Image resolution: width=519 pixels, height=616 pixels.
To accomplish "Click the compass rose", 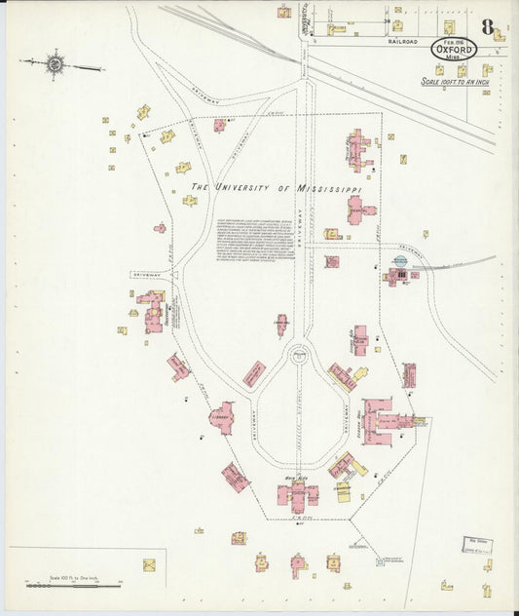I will coord(56,65).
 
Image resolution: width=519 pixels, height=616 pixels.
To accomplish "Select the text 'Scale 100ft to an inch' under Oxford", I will coord(455,82).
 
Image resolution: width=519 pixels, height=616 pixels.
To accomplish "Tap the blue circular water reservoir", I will coord(399,261).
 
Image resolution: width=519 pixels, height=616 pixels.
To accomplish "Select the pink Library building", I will coord(221,417).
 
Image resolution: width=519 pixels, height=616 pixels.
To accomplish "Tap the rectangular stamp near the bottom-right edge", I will coord(474,545).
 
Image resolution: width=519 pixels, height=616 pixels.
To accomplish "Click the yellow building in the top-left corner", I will coord(143,111).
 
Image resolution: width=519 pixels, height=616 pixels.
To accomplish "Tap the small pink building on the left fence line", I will coord(160,228).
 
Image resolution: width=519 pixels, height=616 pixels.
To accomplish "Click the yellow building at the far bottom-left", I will coord(149,564).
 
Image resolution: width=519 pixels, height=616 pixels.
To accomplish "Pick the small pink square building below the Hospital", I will coord(331,261).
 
